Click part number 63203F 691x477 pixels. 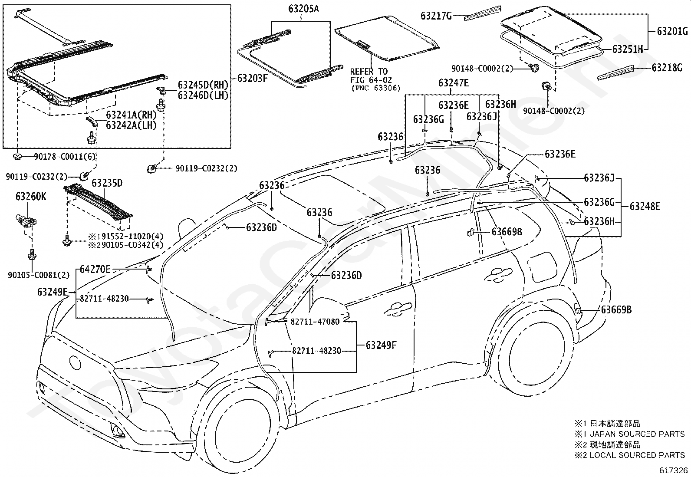[x=252, y=79]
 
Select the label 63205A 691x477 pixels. [x=303, y=9]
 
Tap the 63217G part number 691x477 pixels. [x=436, y=16]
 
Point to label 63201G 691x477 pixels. [x=672, y=31]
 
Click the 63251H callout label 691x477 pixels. [x=628, y=49]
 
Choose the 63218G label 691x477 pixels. [x=667, y=68]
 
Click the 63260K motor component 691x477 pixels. [x=26, y=221]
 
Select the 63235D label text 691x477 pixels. [x=107, y=183]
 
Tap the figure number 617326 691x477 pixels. [x=673, y=470]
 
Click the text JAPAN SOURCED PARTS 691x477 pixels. [x=637, y=434]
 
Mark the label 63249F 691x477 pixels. [x=381, y=345]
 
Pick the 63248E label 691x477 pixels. [x=645, y=207]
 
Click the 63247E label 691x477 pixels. [x=454, y=83]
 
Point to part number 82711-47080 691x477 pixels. [x=315, y=322]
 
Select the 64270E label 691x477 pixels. [x=95, y=270]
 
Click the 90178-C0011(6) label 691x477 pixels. [x=65, y=157]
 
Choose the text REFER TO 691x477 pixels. [x=369, y=72]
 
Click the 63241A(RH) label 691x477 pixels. [x=132, y=115]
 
